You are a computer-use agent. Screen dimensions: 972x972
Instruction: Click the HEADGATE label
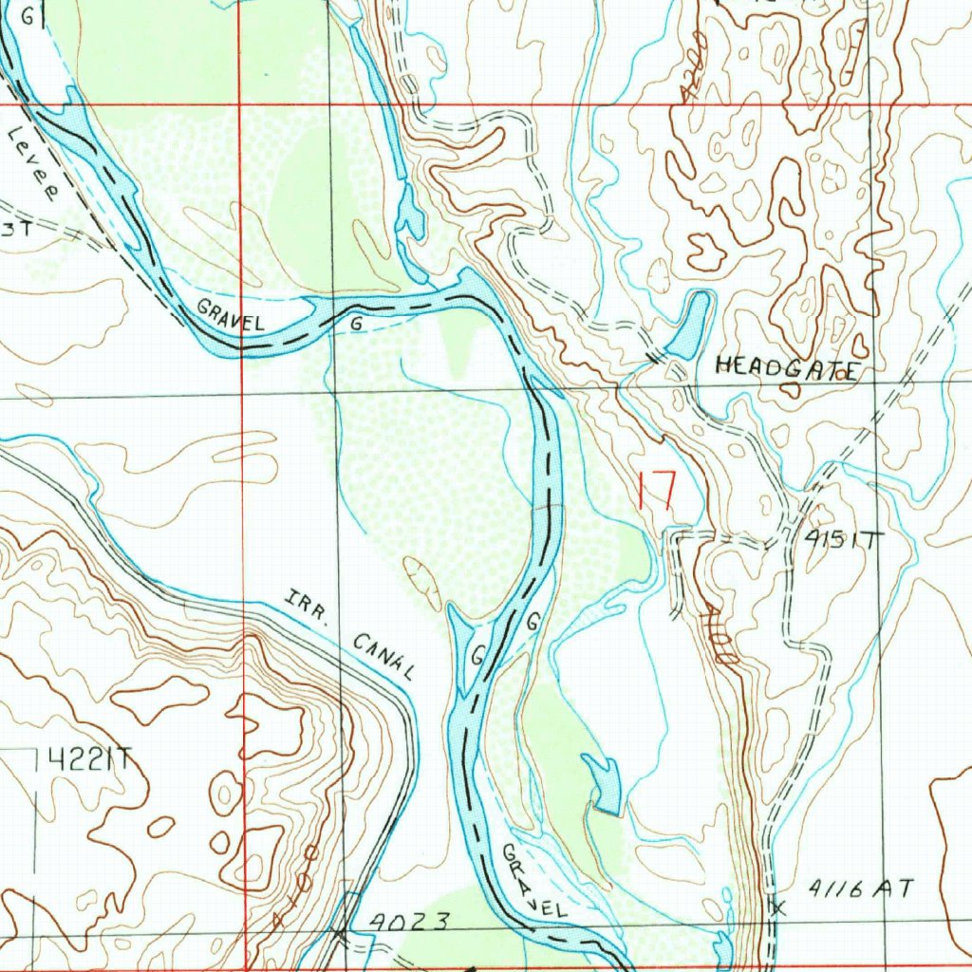(787, 367)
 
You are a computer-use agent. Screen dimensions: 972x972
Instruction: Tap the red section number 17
(656, 492)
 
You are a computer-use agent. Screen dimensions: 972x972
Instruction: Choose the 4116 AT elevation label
(863, 889)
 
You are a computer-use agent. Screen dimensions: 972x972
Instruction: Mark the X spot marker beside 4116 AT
(779, 908)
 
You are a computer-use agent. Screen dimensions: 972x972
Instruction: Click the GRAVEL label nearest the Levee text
(231, 316)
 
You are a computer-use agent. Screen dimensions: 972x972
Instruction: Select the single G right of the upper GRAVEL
(356, 324)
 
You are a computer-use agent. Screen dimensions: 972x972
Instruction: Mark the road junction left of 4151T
(788, 542)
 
